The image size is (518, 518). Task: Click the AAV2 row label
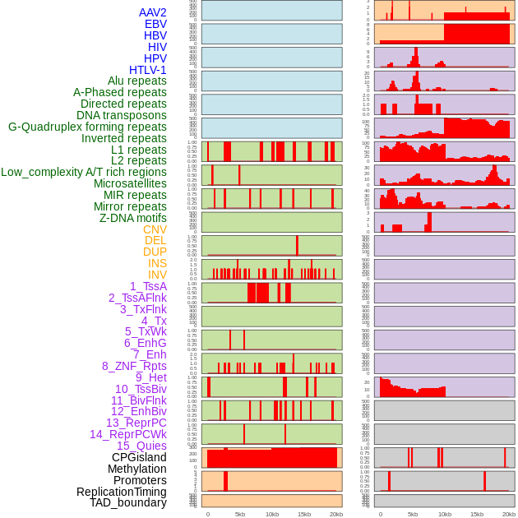pyautogui.click(x=153, y=12)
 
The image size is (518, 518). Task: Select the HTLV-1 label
pyautogui.click(x=148, y=70)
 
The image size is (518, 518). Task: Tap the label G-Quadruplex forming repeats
pyautogui.click(x=87, y=127)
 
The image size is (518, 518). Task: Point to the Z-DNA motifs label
pyautogui.click(x=133, y=218)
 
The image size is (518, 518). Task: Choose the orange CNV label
pyautogui.click(x=155, y=229)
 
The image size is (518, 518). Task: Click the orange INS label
pyautogui.click(x=157, y=263)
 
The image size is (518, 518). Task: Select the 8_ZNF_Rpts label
pyautogui.click(x=134, y=366)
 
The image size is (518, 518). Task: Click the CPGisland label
pyautogui.click(x=139, y=457)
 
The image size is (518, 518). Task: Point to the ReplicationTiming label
pyautogui.click(x=122, y=492)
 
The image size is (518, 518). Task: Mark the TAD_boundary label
pyautogui.click(x=128, y=502)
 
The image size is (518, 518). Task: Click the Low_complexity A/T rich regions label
pyautogui.click(x=84, y=172)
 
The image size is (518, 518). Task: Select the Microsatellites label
pyautogui.click(x=130, y=183)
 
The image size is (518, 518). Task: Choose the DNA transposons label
pyautogui.click(x=122, y=115)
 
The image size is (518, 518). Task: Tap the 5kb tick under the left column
pyautogui.click(x=240, y=514)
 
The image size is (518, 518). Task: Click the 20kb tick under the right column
pyautogui.click(x=509, y=514)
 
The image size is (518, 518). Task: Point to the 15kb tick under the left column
pyautogui.click(x=304, y=514)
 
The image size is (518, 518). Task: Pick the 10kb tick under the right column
pyautogui.click(x=444, y=514)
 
